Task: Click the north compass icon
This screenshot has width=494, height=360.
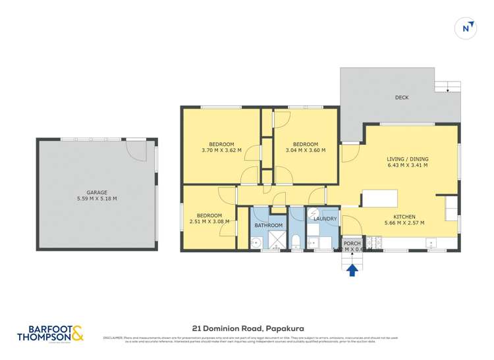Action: tap(466, 28)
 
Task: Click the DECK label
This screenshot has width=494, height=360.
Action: tap(401, 97)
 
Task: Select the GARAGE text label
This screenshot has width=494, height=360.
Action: tap(97, 192)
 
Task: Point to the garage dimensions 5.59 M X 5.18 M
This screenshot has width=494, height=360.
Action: tap(97, 199)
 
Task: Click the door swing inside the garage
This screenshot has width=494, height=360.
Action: tap(136, 151)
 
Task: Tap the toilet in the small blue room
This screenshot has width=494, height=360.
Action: tap(296, 240)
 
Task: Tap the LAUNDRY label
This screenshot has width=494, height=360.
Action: tap(325, 219)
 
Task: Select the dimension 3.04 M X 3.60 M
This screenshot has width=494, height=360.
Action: tap(306, 151)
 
